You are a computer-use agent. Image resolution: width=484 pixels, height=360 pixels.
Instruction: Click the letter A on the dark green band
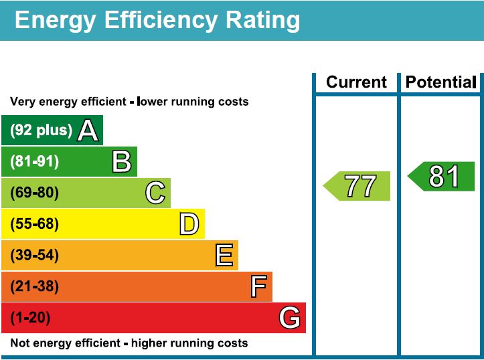[x=88, y=130]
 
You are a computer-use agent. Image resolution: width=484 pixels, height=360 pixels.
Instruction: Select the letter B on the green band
[x=121, y=162]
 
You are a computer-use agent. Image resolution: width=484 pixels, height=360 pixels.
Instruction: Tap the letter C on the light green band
[x=155, y=193]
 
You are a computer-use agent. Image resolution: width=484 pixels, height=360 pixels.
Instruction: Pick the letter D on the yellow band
[x=189, y=224]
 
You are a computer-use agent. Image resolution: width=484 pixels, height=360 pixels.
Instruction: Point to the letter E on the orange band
[x=224, y=256]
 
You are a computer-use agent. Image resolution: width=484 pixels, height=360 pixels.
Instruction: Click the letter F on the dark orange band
[x=258, y=287]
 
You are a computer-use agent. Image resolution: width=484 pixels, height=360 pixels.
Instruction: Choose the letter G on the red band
[x=289, y=318]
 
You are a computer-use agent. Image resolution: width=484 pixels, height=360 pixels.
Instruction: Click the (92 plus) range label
[x=41, y=130]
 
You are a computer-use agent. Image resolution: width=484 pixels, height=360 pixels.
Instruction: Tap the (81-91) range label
[x=34, y=162]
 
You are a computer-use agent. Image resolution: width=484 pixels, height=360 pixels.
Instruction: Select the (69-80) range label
[x=34, y=193]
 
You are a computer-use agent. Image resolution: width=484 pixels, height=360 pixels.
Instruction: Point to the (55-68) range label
[x=34, y=224]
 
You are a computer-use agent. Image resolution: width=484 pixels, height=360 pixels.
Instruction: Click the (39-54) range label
[x=34, y=256]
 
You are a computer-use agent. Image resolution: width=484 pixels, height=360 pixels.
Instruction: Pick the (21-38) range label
[x=34, y=287]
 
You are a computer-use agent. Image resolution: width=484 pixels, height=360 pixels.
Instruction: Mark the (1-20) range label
[x=30, y=318]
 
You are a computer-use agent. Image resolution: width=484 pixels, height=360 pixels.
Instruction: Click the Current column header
[x=356, y=82]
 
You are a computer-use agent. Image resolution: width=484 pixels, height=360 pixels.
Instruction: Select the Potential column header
[x=440, y=82]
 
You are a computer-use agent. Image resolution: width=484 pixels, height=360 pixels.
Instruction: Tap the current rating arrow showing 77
[x=358, y=186]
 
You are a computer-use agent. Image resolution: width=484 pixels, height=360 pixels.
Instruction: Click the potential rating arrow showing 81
[x=442, y=177]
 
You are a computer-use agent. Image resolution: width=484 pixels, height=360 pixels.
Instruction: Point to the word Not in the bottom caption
[x=19, y=343]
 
